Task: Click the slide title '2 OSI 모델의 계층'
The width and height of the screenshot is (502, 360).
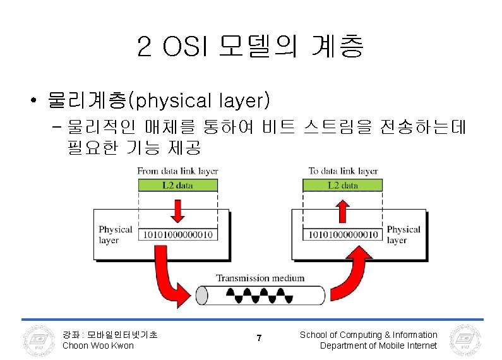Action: point(250,47)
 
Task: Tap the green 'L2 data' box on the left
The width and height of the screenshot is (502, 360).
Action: point(177,185)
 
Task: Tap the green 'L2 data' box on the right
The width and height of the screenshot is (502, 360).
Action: point(342,185)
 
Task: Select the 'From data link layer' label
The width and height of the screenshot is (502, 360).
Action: point(177,171)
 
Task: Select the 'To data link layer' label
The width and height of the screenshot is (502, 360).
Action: point(343,171)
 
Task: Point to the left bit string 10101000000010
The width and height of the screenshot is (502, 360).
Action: point(179,235)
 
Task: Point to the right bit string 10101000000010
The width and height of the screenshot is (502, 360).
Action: point(343,235)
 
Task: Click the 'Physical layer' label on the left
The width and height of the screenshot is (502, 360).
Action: point(115,235)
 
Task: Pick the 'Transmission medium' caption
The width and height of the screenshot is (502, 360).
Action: point(260,278)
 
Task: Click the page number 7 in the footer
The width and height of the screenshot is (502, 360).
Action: point(259,339)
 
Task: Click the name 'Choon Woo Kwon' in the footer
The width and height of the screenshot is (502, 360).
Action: point(98,345)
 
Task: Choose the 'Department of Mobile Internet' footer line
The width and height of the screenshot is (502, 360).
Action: point(378,345)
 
